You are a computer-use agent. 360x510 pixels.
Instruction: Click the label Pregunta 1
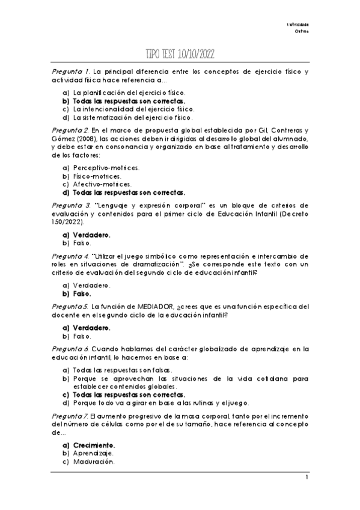[x=71, y=72]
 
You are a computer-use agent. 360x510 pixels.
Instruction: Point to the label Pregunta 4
[x=71, y=255]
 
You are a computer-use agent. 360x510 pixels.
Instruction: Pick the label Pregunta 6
[x=71, y=348]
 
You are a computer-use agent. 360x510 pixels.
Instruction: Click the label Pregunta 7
[x=71, y=416]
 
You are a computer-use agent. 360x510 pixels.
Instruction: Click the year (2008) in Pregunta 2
[x=93, y=138]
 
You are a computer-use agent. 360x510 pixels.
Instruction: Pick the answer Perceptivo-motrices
[x=106, y=168]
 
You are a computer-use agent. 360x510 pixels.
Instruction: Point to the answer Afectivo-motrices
[x=102, y=185]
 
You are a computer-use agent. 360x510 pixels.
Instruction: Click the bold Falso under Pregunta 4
[x=82, y=294]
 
